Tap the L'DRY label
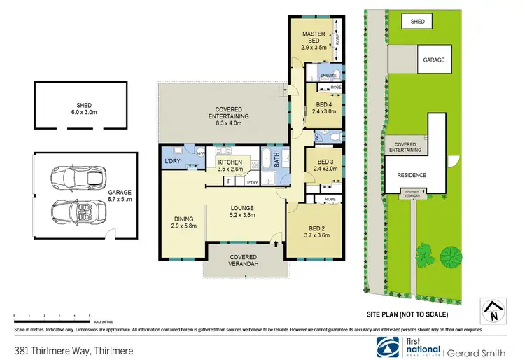tap(172, 162)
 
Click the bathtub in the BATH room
tap(266, 158)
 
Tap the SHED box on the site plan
tap(418, 22)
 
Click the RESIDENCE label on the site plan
tap(411, 176)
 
